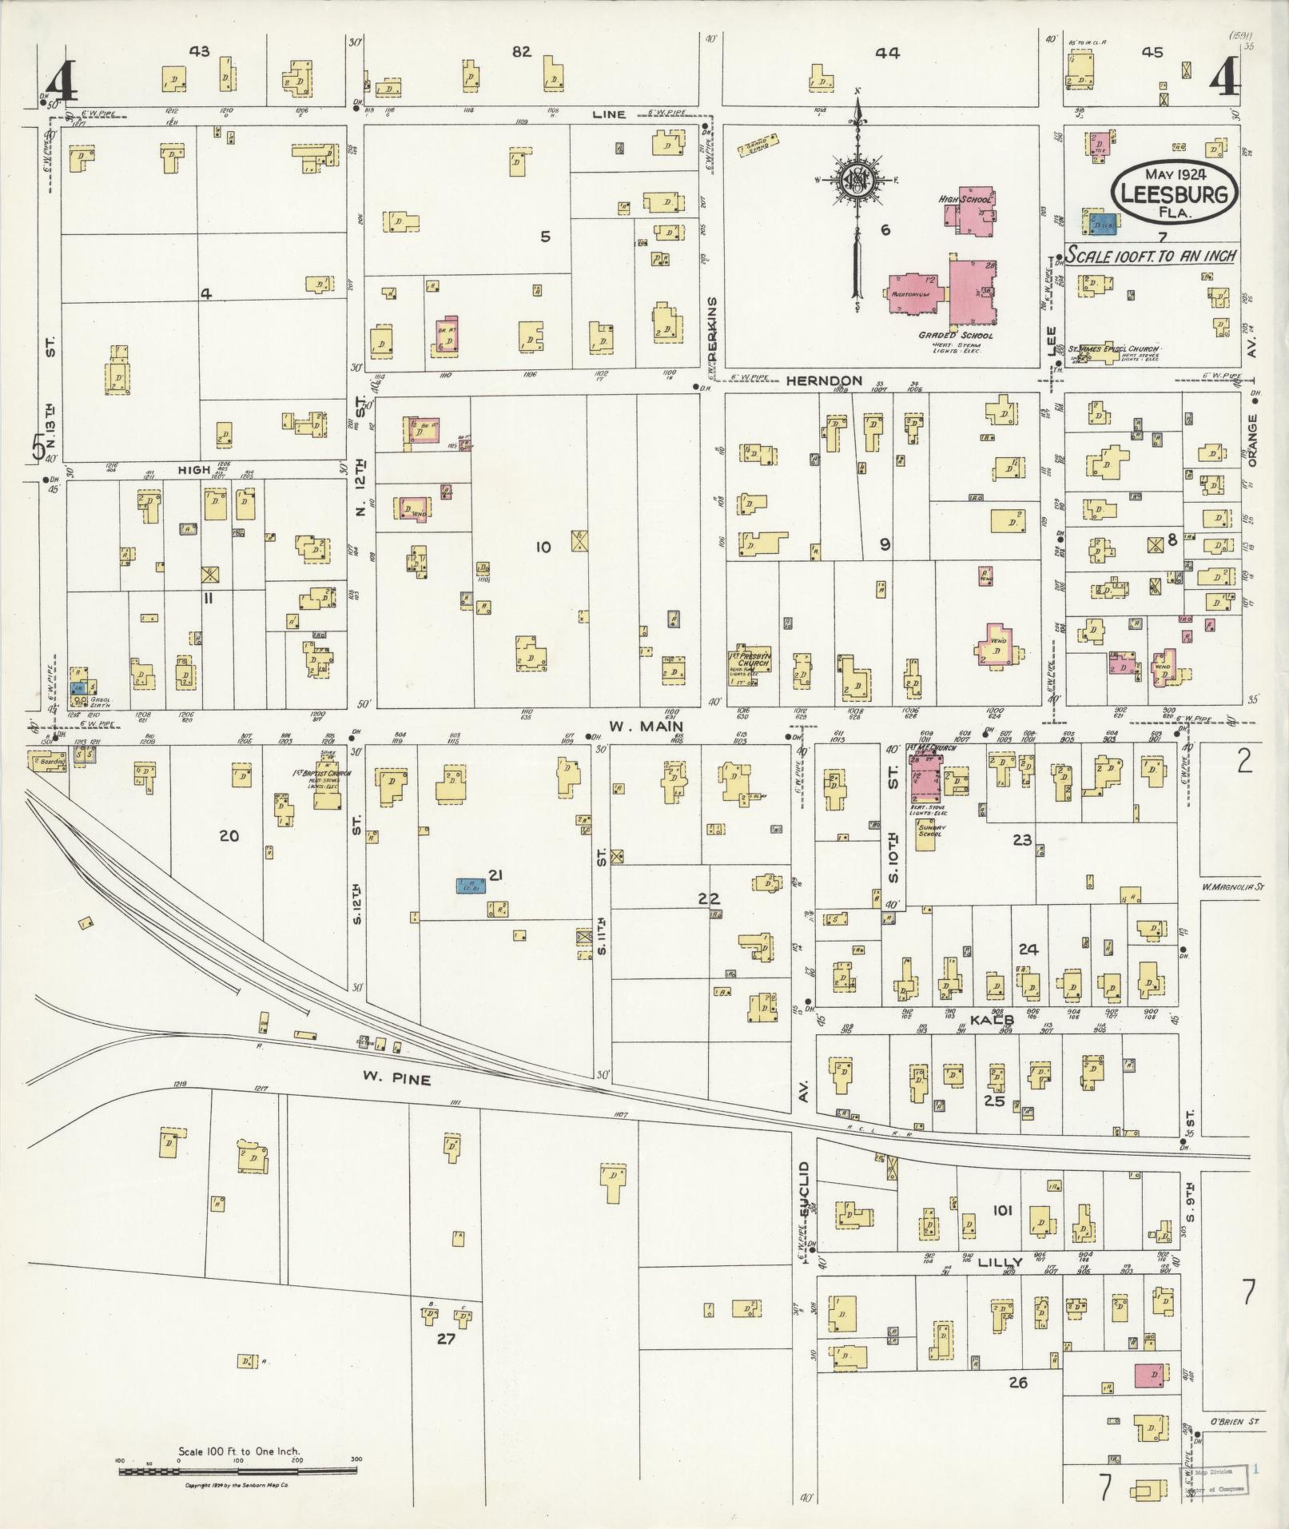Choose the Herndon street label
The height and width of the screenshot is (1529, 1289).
pos(824,380)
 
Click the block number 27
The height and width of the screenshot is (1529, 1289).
pos(445,1338)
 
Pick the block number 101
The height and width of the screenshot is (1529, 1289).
pos(1001,1210)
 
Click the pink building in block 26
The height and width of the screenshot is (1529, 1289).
pos(1148,1376)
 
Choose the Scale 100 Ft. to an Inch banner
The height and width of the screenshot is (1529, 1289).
pos(1151,256)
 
